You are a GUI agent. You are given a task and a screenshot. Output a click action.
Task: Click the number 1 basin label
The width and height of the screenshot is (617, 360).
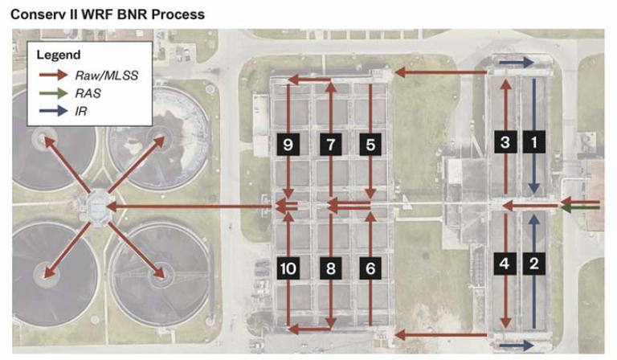click(x=531, y=143)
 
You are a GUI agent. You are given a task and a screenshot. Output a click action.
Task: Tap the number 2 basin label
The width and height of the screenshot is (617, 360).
click(x=531, y=262)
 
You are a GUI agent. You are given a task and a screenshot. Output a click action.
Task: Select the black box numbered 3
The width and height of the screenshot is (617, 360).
click(x=505, y=143)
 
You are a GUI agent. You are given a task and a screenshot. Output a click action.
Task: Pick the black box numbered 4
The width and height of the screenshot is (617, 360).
click(x=505, y=262)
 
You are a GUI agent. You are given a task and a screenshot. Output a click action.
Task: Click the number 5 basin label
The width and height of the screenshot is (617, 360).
click(x=370, y=145)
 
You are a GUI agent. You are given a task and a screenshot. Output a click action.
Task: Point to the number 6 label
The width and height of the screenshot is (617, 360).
click(x=370, y=268)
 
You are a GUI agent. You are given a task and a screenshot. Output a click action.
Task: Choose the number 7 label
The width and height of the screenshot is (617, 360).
click(x=329, y=145)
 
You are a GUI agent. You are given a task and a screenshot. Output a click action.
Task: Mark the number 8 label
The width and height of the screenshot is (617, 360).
click(x=329, y=268)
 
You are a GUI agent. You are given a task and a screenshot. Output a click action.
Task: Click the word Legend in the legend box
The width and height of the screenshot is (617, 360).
click(x=59, y=55)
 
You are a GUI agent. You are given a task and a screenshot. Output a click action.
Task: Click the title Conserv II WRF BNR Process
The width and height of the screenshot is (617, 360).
click(x=108, y=14)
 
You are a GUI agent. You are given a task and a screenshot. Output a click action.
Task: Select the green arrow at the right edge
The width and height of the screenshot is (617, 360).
click(x=582, y=208)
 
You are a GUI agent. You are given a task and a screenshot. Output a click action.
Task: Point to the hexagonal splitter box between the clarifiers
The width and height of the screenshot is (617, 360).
click(x=100, y=207)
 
